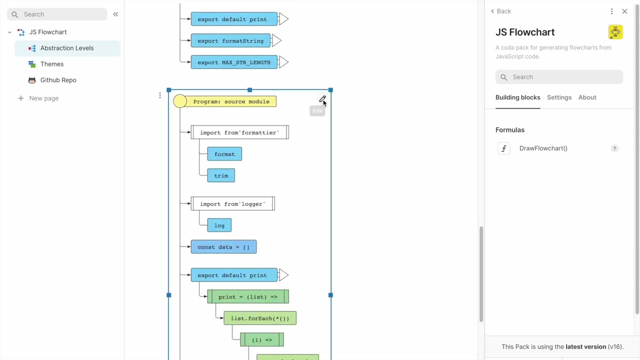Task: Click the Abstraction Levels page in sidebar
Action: pyautogui.click(x=66, y=48)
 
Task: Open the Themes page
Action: pyautogui.click(x=51, y=64)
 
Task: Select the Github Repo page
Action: pyautogui.click(x=58, y=80)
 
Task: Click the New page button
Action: pyautogui.click(x=43, y=98)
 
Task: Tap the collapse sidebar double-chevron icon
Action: pyautogui.click(x=115, y=14)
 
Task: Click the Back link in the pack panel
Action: pyautogui.click(x=501, y=11)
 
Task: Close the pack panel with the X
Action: pyautogui.click(x=624, y=11)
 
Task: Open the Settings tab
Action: pyautogui.click(x=559, y=97)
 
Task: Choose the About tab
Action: pyautogui.click(x=587, y=97)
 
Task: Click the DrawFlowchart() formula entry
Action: pyautogui.click(x=543, y=148)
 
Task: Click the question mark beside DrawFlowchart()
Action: pyautogui.click(x=614, y=148)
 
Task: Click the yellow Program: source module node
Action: pyautogui.click(x=230, y=101)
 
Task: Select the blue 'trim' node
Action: pyautogui.click(x=221, y=175)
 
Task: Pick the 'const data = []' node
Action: pyautogui.click(x=223, y=247)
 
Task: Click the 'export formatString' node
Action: pyautogui.click(x=230, y=41)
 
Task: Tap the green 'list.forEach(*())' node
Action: pyautogui.click(x=259, y=318)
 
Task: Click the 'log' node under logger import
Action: pyautogui.click(x=219, y=225)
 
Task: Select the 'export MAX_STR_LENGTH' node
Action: pyautogui.click(x=233, y=62)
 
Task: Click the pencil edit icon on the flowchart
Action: pyautogui.click(x=322, y=99)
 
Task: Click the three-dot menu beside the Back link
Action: pyautogui.click(x=611, y=11)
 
